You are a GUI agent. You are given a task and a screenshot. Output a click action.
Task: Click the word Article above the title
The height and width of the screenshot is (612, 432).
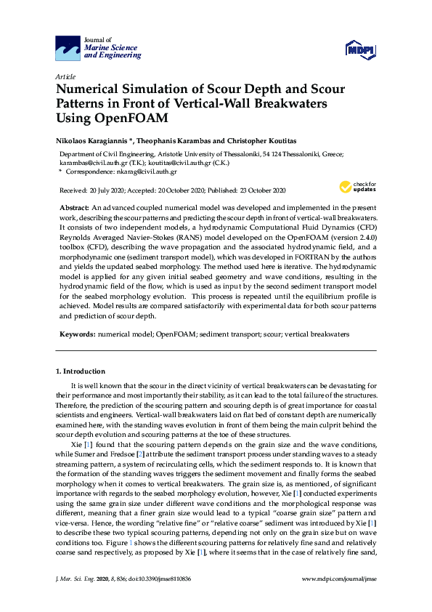click(x=65, y=76)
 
